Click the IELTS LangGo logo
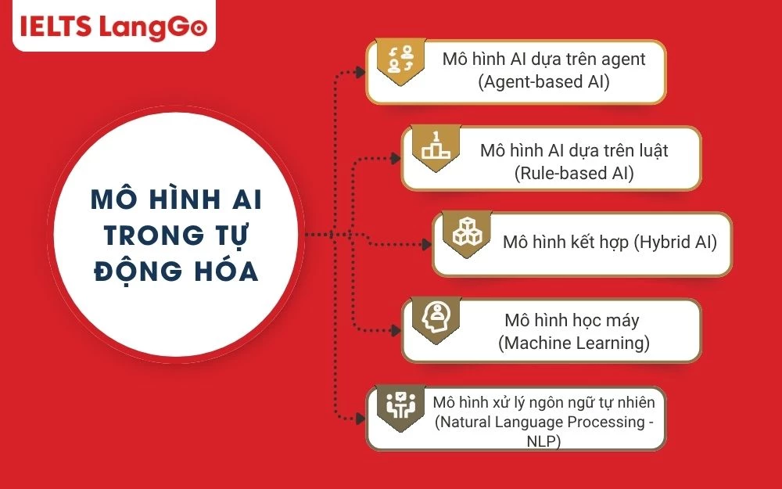click(x=113, y=27)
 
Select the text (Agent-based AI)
click(x=543, y=81)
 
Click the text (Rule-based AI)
click(x=573, y=173)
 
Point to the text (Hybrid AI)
click(x=676, y=242)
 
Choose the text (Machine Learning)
click(x=573, y=343)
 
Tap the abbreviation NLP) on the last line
click(x=543, y=441)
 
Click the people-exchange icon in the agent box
click(x=401, y=59)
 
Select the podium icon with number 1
click(x=436, y=146)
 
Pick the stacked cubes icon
click(x=467, y=232)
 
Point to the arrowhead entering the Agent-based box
click(x=361, y=72)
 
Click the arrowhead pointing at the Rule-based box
click(x=396, y=159)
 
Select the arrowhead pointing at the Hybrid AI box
click(x=426, y=244)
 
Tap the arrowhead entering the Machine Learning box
click(x=396, y=330)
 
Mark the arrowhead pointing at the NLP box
click(x=361, y=419)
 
